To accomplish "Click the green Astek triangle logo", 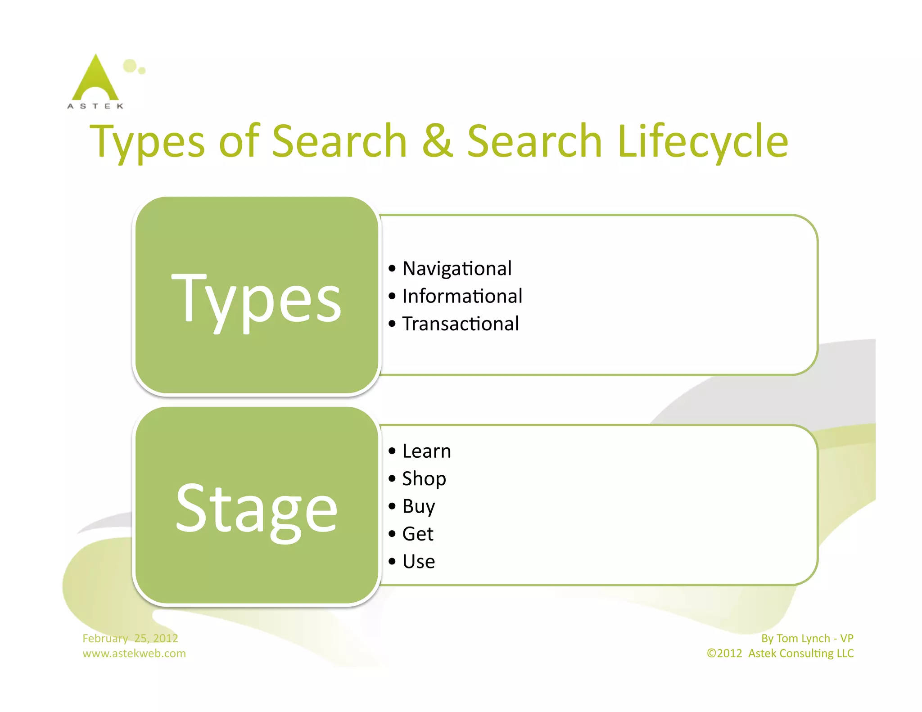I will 95,79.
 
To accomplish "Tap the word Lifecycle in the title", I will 703,141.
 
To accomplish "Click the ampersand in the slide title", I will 437,141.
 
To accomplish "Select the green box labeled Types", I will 257,296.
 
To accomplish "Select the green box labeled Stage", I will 257,506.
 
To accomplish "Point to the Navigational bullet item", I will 456,269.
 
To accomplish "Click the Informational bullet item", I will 462,296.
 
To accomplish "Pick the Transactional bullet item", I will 460,324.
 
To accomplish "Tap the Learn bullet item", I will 426,451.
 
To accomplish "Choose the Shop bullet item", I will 424,479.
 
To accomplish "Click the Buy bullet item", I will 418,507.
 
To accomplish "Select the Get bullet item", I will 417,534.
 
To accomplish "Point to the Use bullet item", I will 418,562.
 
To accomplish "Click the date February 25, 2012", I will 130,638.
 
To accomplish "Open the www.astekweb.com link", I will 134,653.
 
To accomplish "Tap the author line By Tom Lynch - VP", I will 807,638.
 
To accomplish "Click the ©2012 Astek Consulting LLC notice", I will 780,653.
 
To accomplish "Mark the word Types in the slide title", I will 147,141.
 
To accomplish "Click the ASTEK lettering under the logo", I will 95,106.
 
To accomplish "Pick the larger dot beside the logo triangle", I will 130,65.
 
